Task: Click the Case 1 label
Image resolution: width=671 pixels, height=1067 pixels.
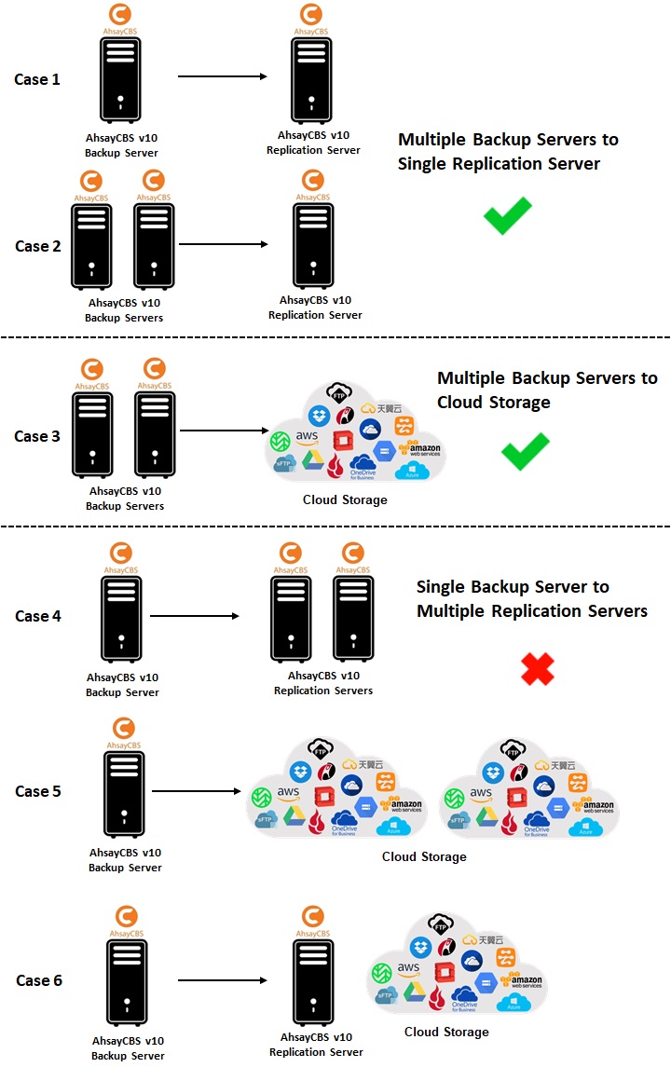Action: pyautogui.click(x=37, y=79)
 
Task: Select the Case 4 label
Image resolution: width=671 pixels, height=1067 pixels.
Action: pyautogui.click(x=38, y=616)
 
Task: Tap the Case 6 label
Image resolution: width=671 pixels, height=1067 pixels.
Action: pyautogui.click(x=39, y=980)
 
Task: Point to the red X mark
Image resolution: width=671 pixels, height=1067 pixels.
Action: pyautogui.click(x=538, y=668)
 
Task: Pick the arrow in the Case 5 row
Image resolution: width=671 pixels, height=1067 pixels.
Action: pyautogui.click(x=196, y=792)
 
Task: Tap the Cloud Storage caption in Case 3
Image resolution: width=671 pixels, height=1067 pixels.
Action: pyautogui.click(x=345, y=500)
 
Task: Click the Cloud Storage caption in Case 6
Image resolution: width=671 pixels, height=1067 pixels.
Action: pyautogui.click(x=446, y=1032)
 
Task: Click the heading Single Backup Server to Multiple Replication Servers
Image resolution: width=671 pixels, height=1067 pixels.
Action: pyautogui.click(x=531, y=599)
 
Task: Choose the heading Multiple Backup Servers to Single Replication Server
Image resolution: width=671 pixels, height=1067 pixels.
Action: pyautogui.click(x=508, y=152)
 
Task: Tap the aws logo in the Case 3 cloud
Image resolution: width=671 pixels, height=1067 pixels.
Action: pyautogui.click(x=308, y=437)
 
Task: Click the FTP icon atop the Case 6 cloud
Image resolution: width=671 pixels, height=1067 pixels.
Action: pyautogui.click(x=441, y=924)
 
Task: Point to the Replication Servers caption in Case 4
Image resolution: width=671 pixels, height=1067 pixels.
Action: pyautogui.click(x=323, y=683)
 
